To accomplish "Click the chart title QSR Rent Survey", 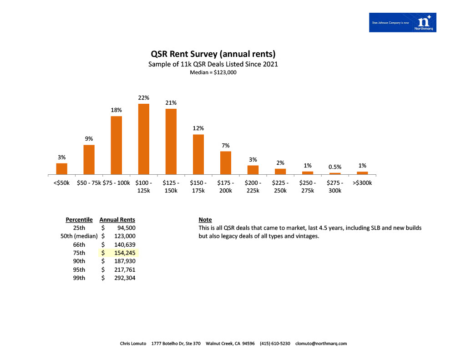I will [x=213, y=55].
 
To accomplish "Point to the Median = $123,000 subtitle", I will [x=213, y=72].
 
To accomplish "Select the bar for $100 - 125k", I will [x=144, y=139].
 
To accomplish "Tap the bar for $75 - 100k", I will [x=116, y=145].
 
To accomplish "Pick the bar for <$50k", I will [x=62, y=168].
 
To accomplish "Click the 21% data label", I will [x=171, y=103].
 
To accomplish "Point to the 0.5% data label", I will [x=335, y=167].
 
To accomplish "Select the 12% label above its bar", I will [x=198, y=128].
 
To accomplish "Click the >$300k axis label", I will [x=362, y=183].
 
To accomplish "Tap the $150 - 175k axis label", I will [x=198, y=187].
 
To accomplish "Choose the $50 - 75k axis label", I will [x=88, y=183].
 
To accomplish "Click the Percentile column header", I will [x=79, y=220].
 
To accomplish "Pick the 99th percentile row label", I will [x=79, y=278].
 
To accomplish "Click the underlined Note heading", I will [x=205, y=220].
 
